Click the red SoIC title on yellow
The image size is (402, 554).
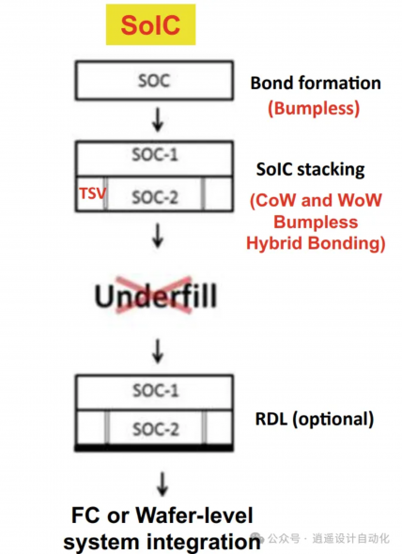150,24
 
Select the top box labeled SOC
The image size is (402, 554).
154,80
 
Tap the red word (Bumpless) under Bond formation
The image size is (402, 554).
314,108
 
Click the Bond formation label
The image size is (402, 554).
316,83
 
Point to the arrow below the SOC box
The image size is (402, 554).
158,120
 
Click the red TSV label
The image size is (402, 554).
92,193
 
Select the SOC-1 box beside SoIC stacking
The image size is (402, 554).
154,159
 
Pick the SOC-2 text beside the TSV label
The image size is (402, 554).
155,197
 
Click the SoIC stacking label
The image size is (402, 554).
311,170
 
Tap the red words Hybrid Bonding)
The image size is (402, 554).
316,243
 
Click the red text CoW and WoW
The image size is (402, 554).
316,200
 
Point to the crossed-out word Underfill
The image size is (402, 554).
156,296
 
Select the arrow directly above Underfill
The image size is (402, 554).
158,236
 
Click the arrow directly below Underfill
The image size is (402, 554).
158,351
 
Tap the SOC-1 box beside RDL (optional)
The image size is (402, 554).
154,392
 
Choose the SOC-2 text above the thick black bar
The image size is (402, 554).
156,429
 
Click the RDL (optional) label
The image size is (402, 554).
315,419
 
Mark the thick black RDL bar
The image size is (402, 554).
154,448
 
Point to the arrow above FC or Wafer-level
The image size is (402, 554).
162,484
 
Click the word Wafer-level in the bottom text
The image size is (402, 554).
194,515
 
